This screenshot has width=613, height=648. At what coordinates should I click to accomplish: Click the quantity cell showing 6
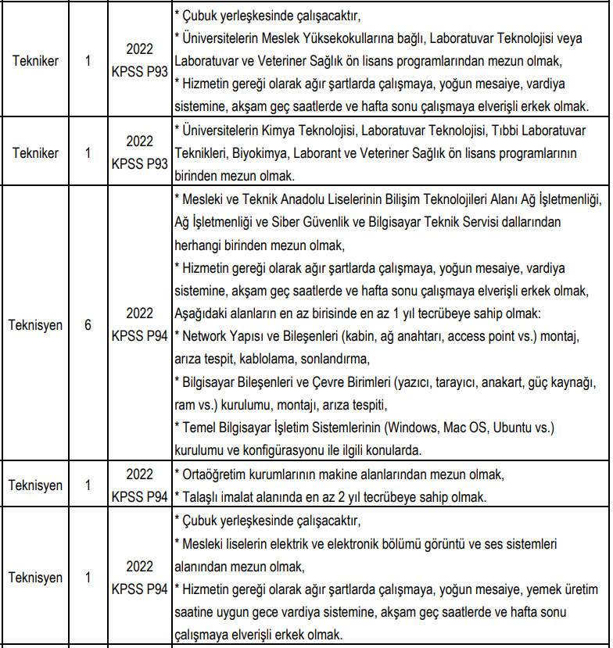coord(88,324)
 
